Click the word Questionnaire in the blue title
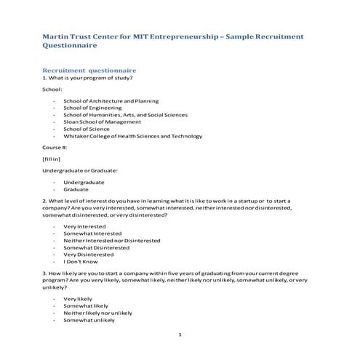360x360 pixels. [70, 45]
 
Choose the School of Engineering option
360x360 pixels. [92, 108]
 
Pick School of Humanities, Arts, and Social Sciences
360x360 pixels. [125, 115]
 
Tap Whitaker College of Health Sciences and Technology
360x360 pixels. [132, 136]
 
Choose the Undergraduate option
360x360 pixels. [84, 181]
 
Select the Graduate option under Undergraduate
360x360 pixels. [76, 188]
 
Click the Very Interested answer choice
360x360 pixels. [84, 226]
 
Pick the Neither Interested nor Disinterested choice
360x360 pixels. [107, 240]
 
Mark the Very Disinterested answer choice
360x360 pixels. [88, 254]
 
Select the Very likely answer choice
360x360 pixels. [78, 299]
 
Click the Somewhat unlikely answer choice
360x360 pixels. [89, 320]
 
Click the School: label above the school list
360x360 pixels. [52, 89]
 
